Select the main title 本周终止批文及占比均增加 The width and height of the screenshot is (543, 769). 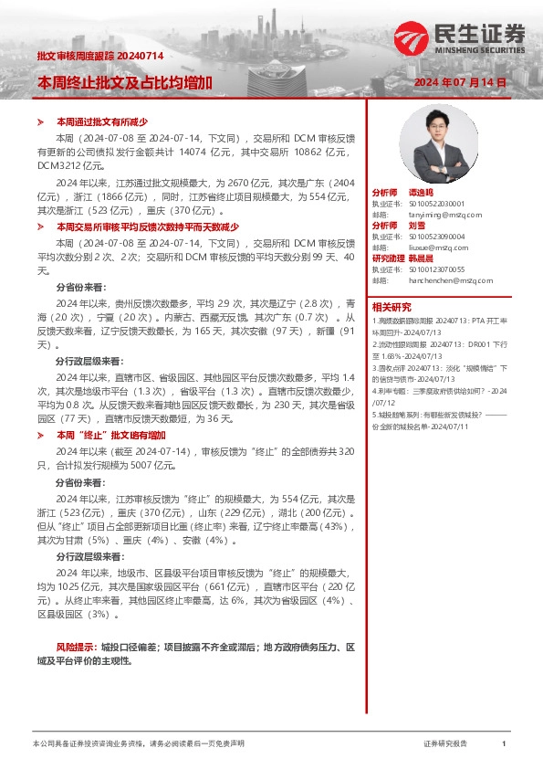click(x=124, y=82)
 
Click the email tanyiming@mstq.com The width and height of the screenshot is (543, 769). click(x=440, y=214)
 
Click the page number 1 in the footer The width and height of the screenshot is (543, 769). click(x=504, y=744)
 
